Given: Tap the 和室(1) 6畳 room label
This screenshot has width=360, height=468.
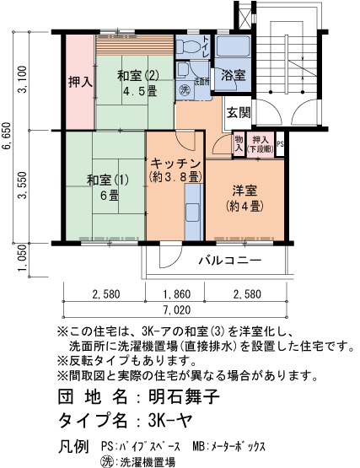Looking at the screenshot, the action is tap(108, 188).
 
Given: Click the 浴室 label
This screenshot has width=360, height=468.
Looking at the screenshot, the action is tap(234, 76).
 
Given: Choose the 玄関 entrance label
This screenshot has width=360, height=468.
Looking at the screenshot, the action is tap(239, 113).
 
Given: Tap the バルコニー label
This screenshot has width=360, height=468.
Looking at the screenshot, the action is tap(230, 261).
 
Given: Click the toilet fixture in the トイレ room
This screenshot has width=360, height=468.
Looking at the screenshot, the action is tap(189, 46).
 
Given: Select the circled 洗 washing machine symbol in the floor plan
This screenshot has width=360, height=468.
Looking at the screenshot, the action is tap(185, 89).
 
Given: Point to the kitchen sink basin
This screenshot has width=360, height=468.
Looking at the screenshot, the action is tap(192, 212).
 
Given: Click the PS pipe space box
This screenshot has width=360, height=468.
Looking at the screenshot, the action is tap(280, 144).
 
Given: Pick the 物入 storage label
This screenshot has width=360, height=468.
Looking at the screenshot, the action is tap(239, 144).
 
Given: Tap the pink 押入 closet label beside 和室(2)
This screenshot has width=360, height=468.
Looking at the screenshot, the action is tap(81, 82).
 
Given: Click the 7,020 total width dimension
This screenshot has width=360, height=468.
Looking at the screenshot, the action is tap(177, 309).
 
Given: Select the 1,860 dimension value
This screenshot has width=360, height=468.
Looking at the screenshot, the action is tap(177, 294).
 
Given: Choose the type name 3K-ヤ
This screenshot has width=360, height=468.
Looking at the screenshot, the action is tap(169, 421).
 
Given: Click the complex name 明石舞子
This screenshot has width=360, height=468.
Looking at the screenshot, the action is tap(184, 397).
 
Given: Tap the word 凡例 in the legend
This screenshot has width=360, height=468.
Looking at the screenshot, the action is tap(73, 447).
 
